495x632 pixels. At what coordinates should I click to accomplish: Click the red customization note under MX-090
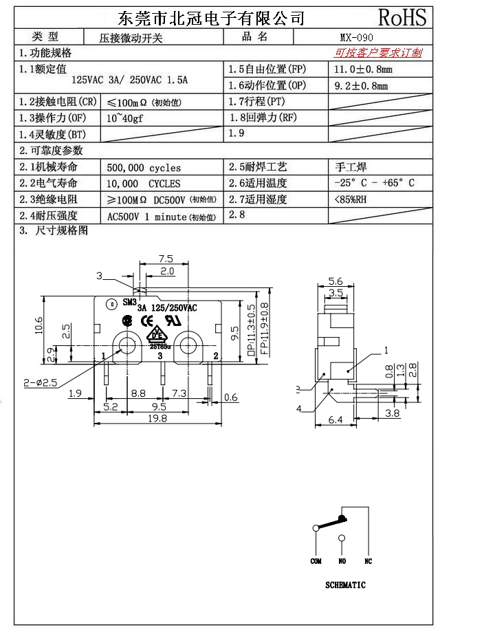point(378,53)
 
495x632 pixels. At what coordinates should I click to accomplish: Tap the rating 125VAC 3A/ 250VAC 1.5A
point(130,80)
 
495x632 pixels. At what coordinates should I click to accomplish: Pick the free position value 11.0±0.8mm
point(363,69)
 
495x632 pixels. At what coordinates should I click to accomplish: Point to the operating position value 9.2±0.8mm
point(360,86)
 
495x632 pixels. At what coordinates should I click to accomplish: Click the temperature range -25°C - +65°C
point(374,184)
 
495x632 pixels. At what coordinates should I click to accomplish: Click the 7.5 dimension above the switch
point(165,259)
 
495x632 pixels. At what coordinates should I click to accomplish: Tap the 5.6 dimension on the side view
point(335,281)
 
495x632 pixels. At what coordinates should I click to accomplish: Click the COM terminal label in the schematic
point(316,561)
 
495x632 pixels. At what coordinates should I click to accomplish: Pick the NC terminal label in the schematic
point(368,561)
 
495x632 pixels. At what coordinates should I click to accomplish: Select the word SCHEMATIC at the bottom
point(345,585)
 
